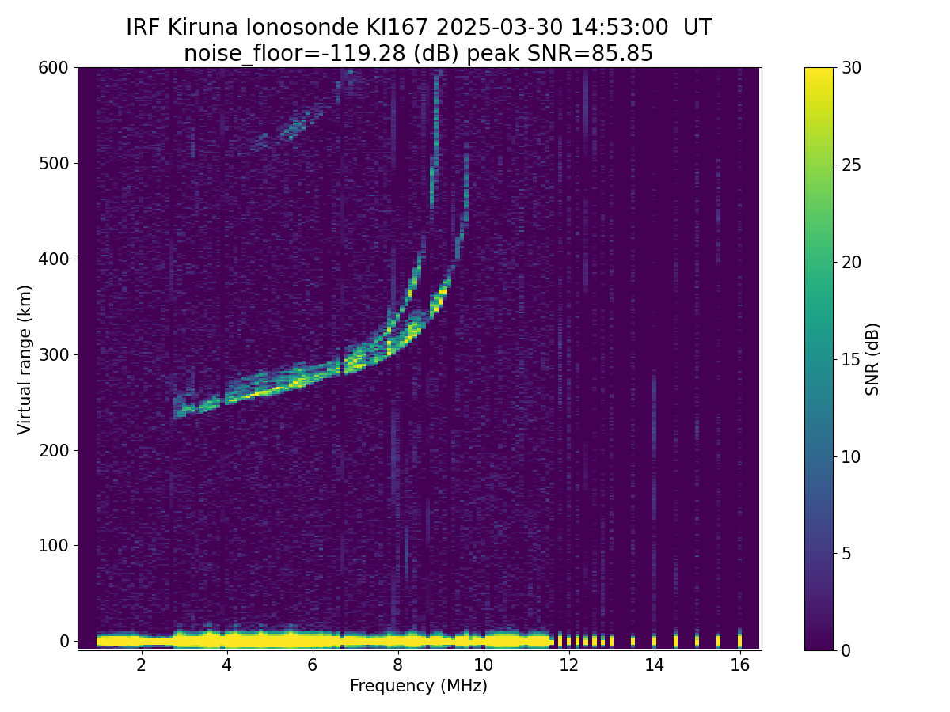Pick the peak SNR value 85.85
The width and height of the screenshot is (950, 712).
(x=621, y=54)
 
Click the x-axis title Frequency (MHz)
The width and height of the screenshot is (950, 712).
(x=419, y=686)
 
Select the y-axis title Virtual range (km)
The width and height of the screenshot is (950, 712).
(x=25, y=359)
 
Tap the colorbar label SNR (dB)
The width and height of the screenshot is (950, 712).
(x=872, y=359)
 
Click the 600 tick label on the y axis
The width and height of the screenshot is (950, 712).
(x=54, y=68)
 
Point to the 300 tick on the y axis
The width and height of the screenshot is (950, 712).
(x=54, y=354)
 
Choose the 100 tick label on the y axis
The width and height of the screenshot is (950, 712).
(x=54, y=546)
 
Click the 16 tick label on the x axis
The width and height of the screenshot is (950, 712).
(x=739, y=665)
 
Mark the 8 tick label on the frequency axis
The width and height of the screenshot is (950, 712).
(x=397, y=665)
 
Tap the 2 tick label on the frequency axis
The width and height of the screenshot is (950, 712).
(x=141, y=665)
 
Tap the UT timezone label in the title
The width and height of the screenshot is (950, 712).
(x=697, y=28)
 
